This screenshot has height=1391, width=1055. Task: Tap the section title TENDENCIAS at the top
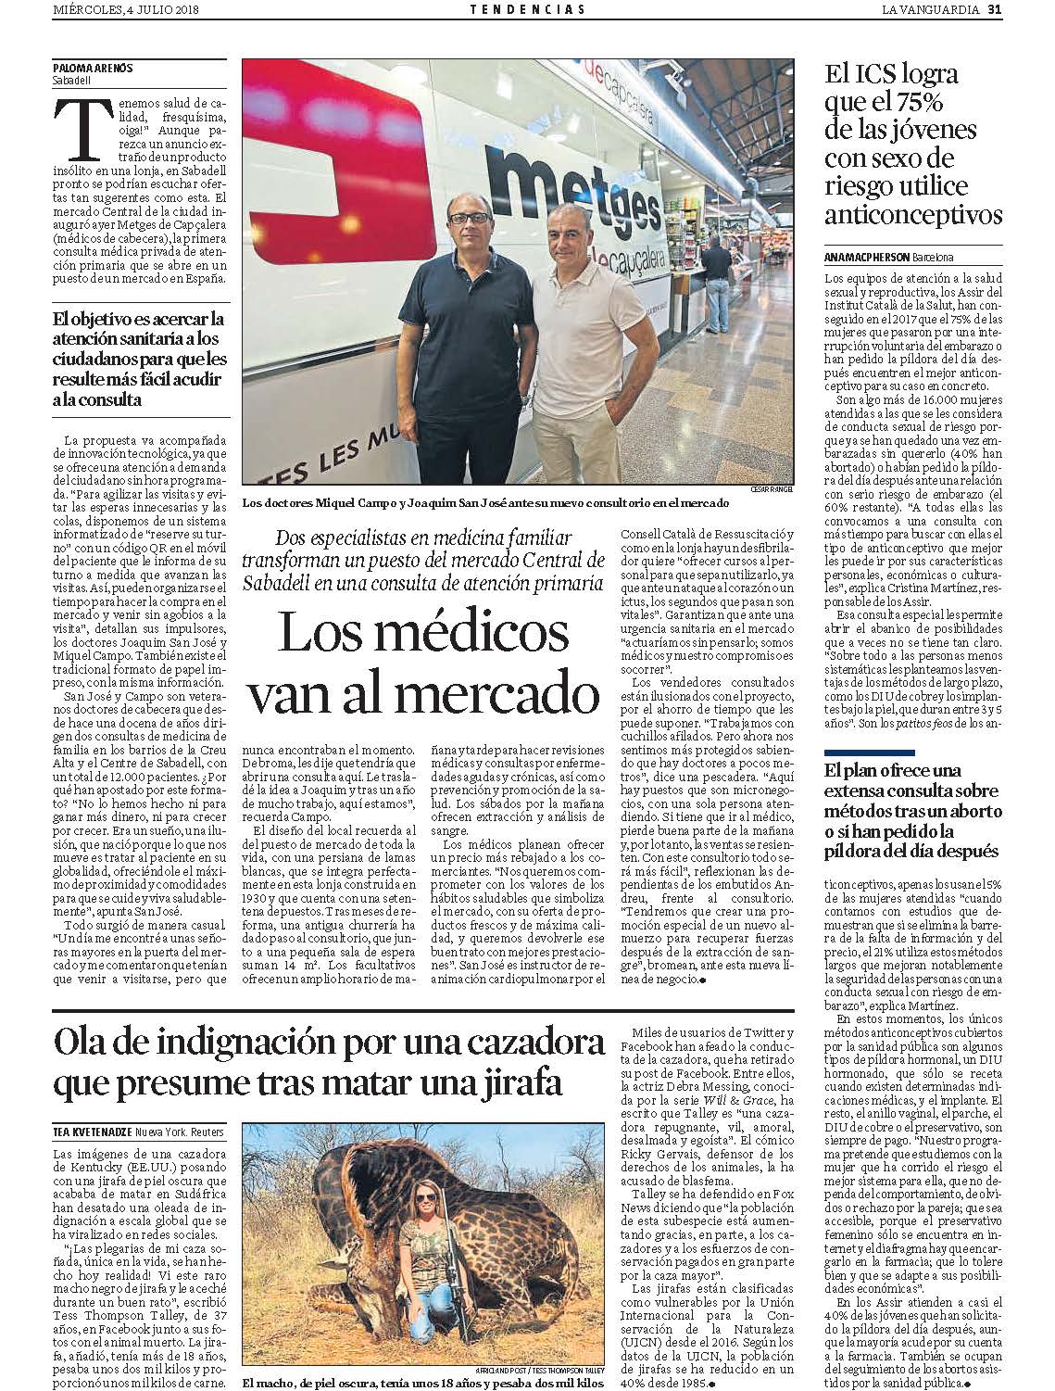(527, 10)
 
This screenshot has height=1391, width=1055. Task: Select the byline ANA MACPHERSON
(866, 257)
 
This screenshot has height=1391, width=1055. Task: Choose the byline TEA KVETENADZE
(92, 1132)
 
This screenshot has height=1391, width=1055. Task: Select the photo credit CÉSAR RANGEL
(771, 488)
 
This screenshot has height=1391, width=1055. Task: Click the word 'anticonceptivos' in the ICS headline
(913, 216)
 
